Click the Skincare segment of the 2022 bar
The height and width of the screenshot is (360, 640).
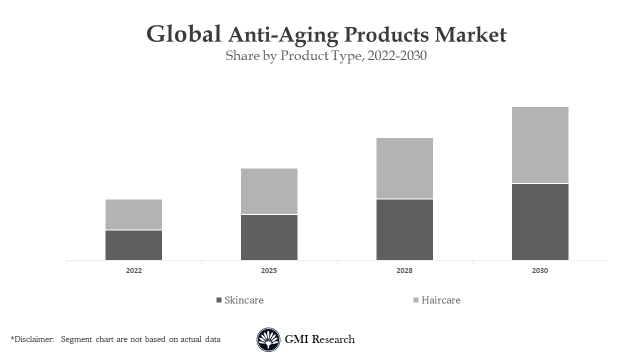click(133, 245)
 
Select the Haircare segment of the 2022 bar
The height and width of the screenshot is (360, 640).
click(133, 214)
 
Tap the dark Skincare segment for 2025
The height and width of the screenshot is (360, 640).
click(269, 237)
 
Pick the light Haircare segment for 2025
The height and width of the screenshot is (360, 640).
click(269, 191)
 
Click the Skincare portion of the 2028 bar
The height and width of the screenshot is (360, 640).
click(404, 229)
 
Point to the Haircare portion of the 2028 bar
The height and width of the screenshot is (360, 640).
click(404, 168)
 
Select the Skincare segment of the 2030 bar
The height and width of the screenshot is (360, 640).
click(540, 222)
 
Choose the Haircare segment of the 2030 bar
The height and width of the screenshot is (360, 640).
click(540, 145)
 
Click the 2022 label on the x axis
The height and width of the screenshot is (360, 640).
click(133, 270)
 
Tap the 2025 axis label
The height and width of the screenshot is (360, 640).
click(269, 270)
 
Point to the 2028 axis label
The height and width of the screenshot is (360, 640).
click(404, 270)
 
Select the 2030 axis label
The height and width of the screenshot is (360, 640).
click(540, 270)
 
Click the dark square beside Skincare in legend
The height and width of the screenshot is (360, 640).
click(218, 300)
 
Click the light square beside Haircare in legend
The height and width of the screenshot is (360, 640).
click(415, 300)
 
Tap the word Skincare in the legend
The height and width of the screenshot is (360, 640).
click(244, 300)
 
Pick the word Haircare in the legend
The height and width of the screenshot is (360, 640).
click(441, 300)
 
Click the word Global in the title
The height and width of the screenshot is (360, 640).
click(183, 34)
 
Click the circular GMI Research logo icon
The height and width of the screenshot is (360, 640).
click(268, 339)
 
